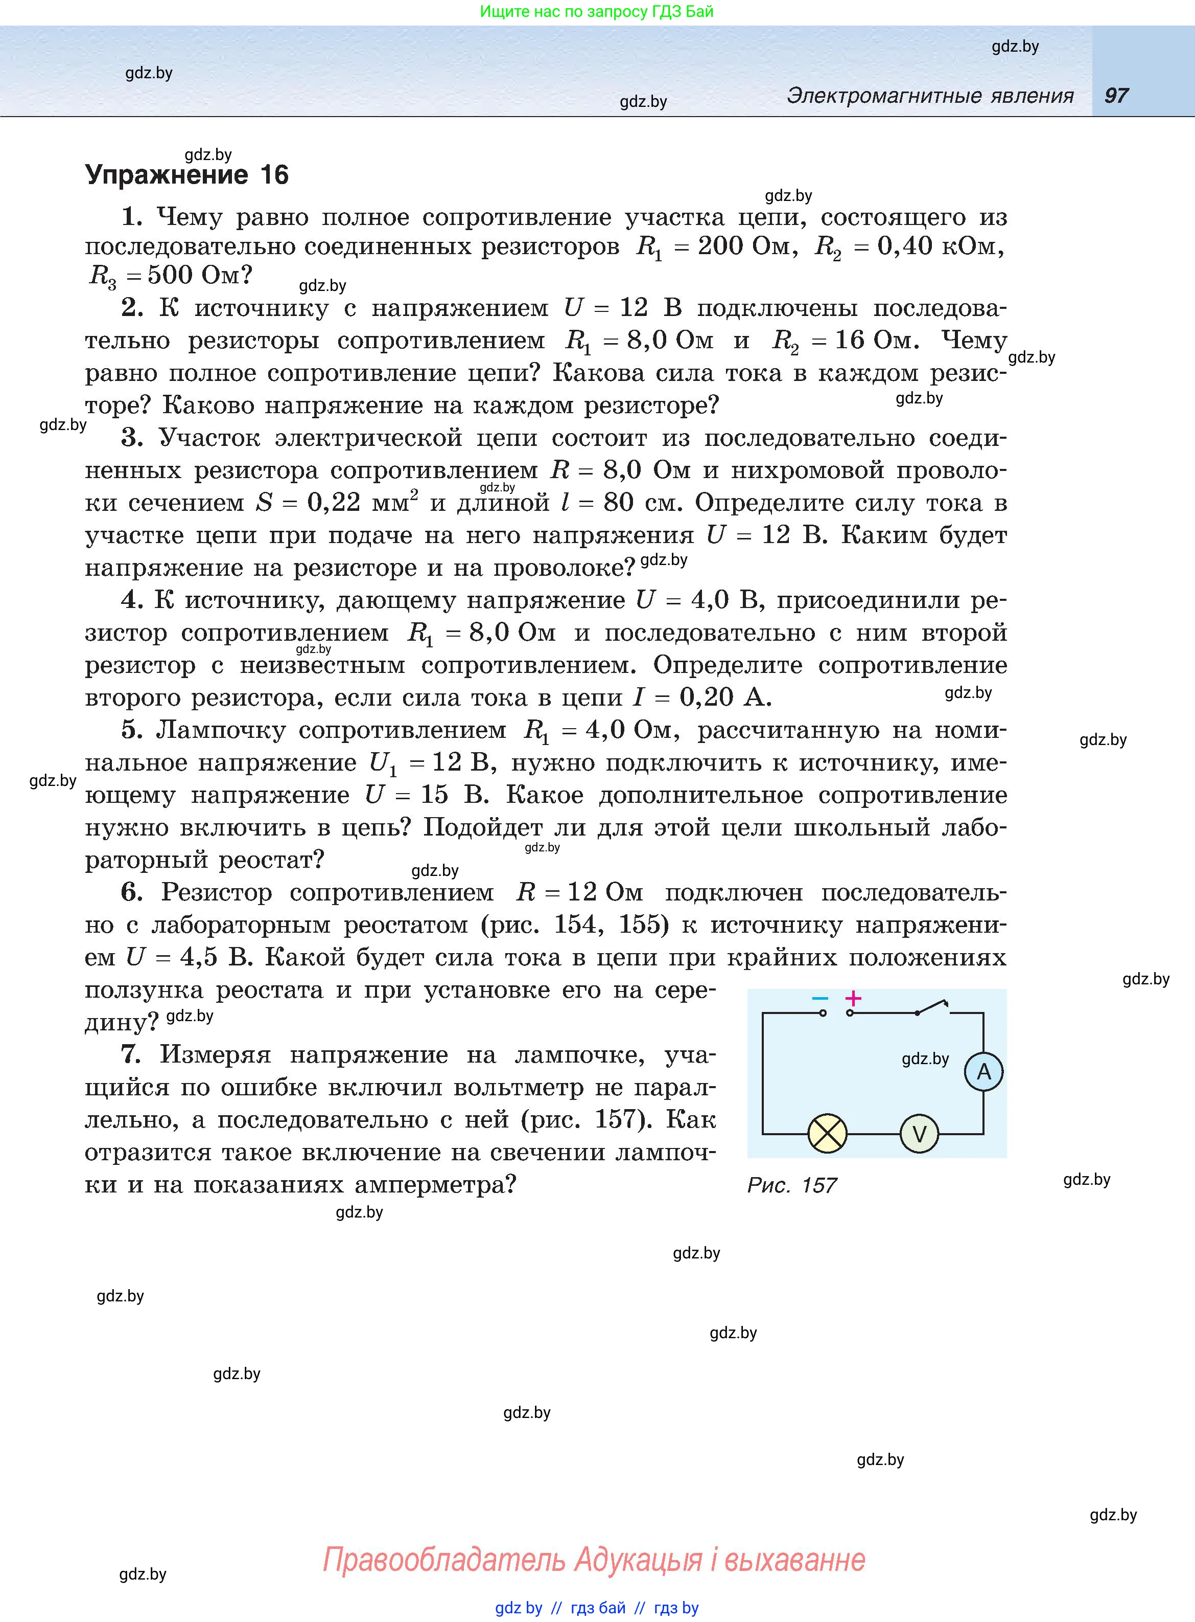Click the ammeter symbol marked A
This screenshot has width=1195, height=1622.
click(983, 1072)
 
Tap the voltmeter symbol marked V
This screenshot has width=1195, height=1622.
click(919, 1134)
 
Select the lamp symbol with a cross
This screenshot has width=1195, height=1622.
click(827, 1134)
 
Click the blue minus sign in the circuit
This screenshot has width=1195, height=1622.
click(819, 999)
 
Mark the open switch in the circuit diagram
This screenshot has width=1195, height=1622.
click(933, 1007)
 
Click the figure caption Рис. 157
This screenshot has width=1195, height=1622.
click(791, 1185)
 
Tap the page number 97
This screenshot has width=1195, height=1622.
click(1116, 96)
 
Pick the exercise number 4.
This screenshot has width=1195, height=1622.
click(131, 600)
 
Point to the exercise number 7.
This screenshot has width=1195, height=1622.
click(131, 1054)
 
